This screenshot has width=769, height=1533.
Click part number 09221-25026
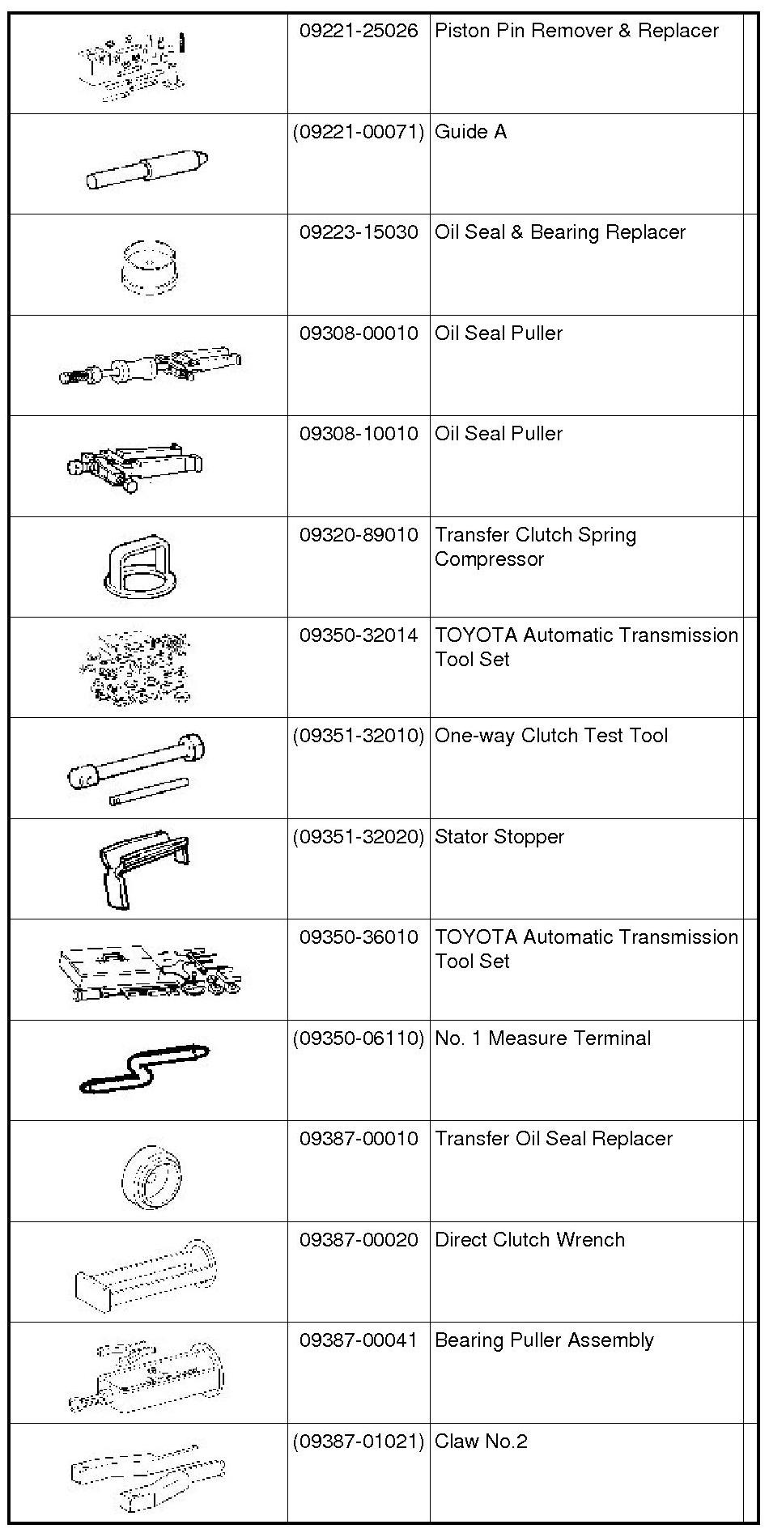click(x=359, y=32)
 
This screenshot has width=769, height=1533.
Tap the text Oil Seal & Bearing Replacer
click(x=559, y=233)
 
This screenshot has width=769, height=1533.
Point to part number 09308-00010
click(x=359, y=333)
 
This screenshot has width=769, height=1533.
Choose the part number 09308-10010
click(x=359, y=434)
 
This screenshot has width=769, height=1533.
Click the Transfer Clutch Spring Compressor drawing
click(x=140, y=567)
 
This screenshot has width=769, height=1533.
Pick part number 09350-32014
click(x=359, y=635)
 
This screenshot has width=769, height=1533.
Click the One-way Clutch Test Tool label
click(x=551, y=736)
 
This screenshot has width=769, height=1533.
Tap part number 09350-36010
click(x=359, y=937)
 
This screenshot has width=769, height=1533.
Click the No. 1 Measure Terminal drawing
click(x=144, y=1068)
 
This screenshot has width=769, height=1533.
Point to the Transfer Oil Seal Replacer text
click(x=554, y=1139)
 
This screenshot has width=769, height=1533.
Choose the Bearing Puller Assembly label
click(x=544, y=1340)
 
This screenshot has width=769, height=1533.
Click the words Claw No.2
click(x=481, y=1442)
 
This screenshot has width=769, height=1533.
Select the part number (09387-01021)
click(x=359, y=1442)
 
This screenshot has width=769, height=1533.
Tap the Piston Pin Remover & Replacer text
click(x=576, y=32)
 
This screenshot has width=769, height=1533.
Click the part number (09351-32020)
click(x=359, y=837)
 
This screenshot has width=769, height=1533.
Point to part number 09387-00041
click(x=359, y=1340)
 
